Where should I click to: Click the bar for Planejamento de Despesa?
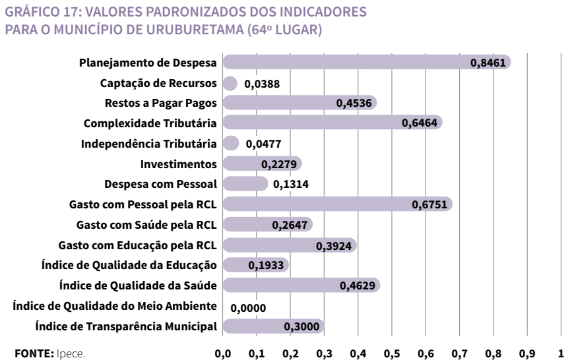click(366, 63)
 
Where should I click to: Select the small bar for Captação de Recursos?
click(230, 83)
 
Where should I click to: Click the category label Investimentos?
click(179, 164)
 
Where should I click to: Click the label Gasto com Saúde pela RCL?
click(147, 224)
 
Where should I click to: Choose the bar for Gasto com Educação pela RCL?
click(290, 245)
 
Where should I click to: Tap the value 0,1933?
click(265, 266)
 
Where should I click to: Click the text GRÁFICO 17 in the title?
click(36, 12)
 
